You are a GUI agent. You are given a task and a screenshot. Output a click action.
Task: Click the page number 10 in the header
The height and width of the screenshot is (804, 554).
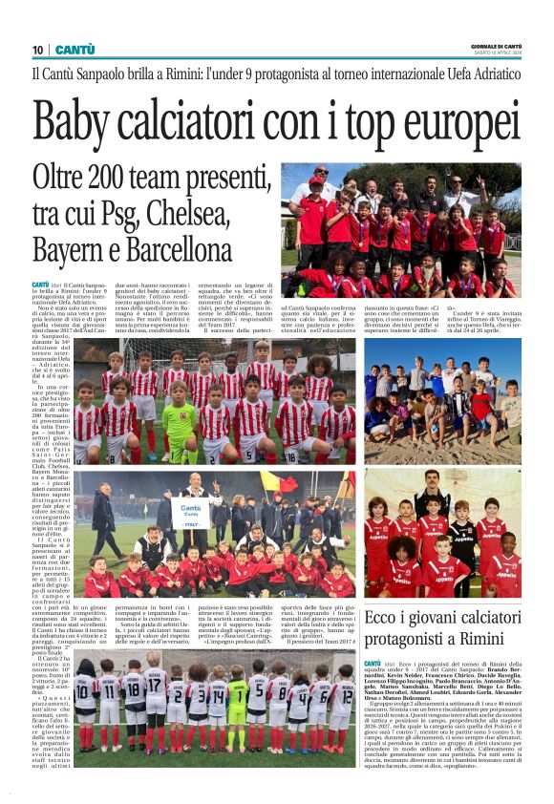pyautogui.click(x=38, y=50)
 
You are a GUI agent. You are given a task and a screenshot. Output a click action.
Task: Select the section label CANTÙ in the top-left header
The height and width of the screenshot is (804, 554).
pyautogui.click(x=75, y=50)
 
